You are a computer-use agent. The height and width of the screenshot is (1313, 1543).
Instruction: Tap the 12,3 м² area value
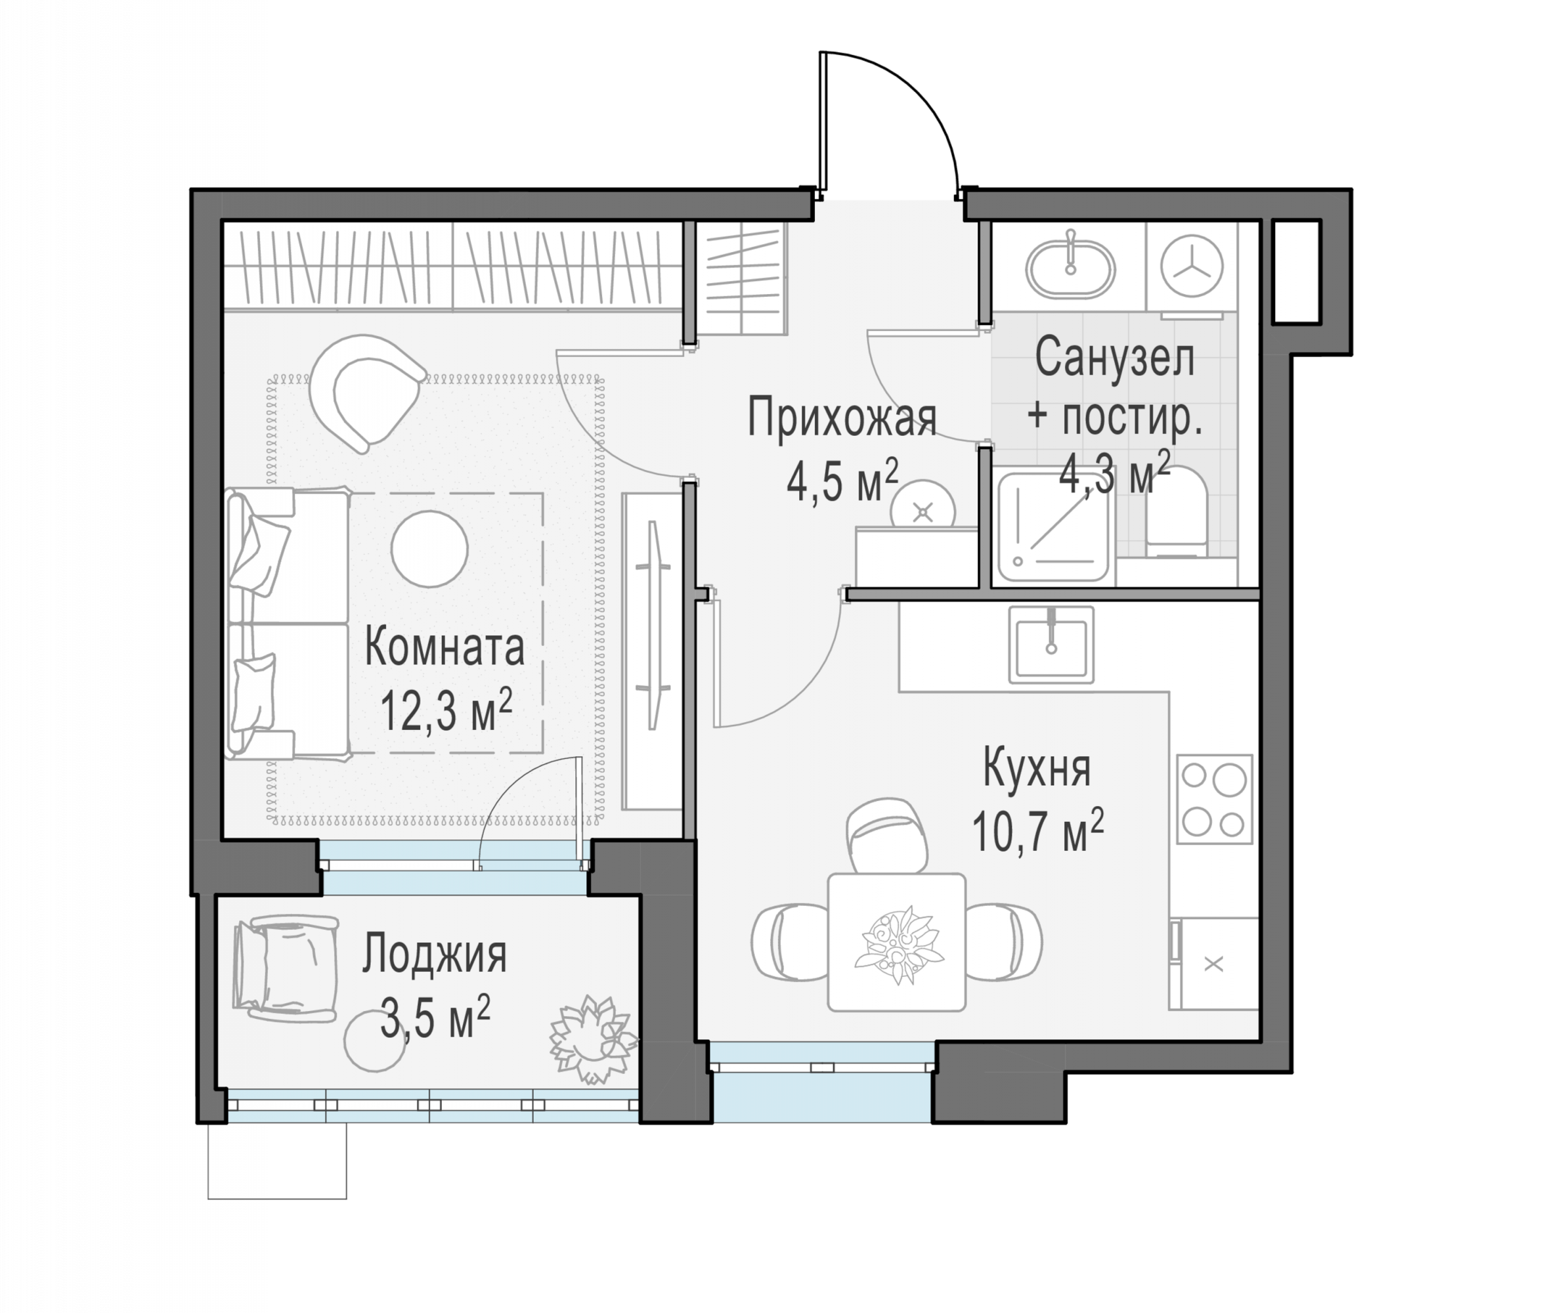coord(446,709)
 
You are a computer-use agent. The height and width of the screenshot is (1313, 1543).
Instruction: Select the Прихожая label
coord(842,420)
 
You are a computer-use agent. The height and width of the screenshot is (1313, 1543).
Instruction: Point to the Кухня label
coord(1037,769)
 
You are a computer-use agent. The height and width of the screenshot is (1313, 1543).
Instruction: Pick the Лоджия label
coord(435,955)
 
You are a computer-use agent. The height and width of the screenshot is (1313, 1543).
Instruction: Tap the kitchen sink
coord(1051,645)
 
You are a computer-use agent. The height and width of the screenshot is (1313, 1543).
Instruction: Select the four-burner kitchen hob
coord(1215,800)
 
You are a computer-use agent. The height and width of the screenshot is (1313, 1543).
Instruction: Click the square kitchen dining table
coord(896,942)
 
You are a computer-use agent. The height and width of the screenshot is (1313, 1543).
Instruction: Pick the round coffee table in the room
coord(429,549)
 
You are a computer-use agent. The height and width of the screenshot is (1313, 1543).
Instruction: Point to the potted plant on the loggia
coord(592,1039)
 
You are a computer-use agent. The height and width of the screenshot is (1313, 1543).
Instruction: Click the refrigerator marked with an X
coord(1213,964)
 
